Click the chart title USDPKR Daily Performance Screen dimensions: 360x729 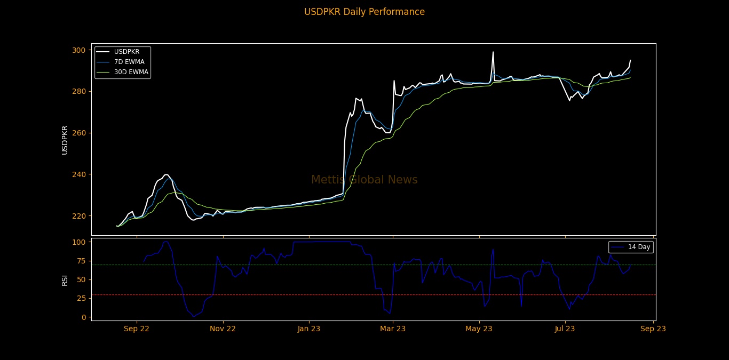tap(364, 12)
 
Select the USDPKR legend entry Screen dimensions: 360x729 tap(126, 52)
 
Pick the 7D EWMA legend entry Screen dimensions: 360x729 tap(129, 62)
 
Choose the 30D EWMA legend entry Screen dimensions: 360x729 tap(131, 72)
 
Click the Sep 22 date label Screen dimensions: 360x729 tap(137, 329)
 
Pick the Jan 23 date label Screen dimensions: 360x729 tap(309, 329)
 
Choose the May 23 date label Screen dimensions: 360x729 tap(479, 329)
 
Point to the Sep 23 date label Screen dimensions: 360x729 tap(653, 329)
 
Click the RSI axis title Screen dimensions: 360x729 tap(65, 279)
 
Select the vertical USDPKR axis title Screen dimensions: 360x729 tap(65, 140)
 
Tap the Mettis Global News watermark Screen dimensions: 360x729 tap(364, 180)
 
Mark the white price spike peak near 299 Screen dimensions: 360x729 tap(493, 52)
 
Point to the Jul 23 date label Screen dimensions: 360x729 tap(565, 329)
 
